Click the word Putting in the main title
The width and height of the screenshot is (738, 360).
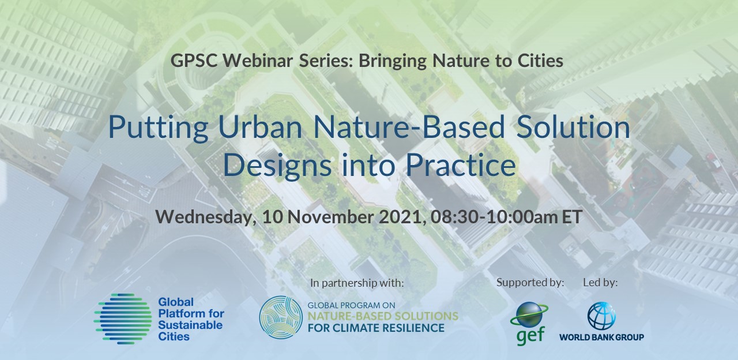coord(158,129)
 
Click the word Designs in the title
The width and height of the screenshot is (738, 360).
coord(277,166)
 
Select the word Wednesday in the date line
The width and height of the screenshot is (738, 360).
coord(206,217)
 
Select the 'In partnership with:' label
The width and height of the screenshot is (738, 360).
coord(357,283)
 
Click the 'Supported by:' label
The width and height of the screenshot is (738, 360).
coord(530,282)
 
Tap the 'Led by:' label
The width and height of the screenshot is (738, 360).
coord(600,282)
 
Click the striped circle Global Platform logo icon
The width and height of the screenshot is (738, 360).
coord(123,319)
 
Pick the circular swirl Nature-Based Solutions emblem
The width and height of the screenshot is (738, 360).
coord(281,317)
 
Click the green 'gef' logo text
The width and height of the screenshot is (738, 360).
coord(530,335)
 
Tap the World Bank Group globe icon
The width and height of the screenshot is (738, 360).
coord(601,316)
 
